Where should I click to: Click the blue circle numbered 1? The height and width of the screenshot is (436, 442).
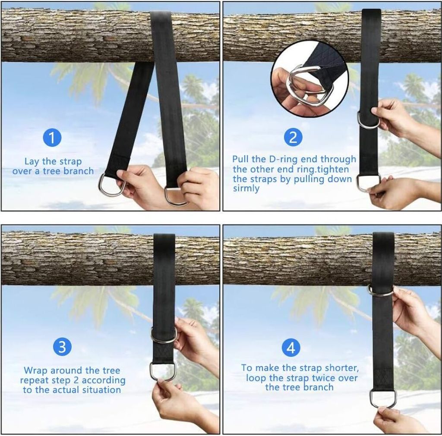coord(52,138)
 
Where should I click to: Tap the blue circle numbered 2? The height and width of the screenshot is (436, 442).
coord(293,137)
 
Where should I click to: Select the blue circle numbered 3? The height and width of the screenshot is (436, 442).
coord(62,346)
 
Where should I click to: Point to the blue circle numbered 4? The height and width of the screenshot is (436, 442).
coord(291,347)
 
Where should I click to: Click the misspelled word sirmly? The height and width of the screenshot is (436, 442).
coord(246,188)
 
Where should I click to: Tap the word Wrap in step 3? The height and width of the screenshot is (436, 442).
coord(36,370)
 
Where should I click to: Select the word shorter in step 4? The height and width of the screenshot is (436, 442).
coord(342,368)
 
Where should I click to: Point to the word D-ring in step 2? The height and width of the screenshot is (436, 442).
coord(283,159)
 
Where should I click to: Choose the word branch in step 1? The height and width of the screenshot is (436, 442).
coord(79,171)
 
